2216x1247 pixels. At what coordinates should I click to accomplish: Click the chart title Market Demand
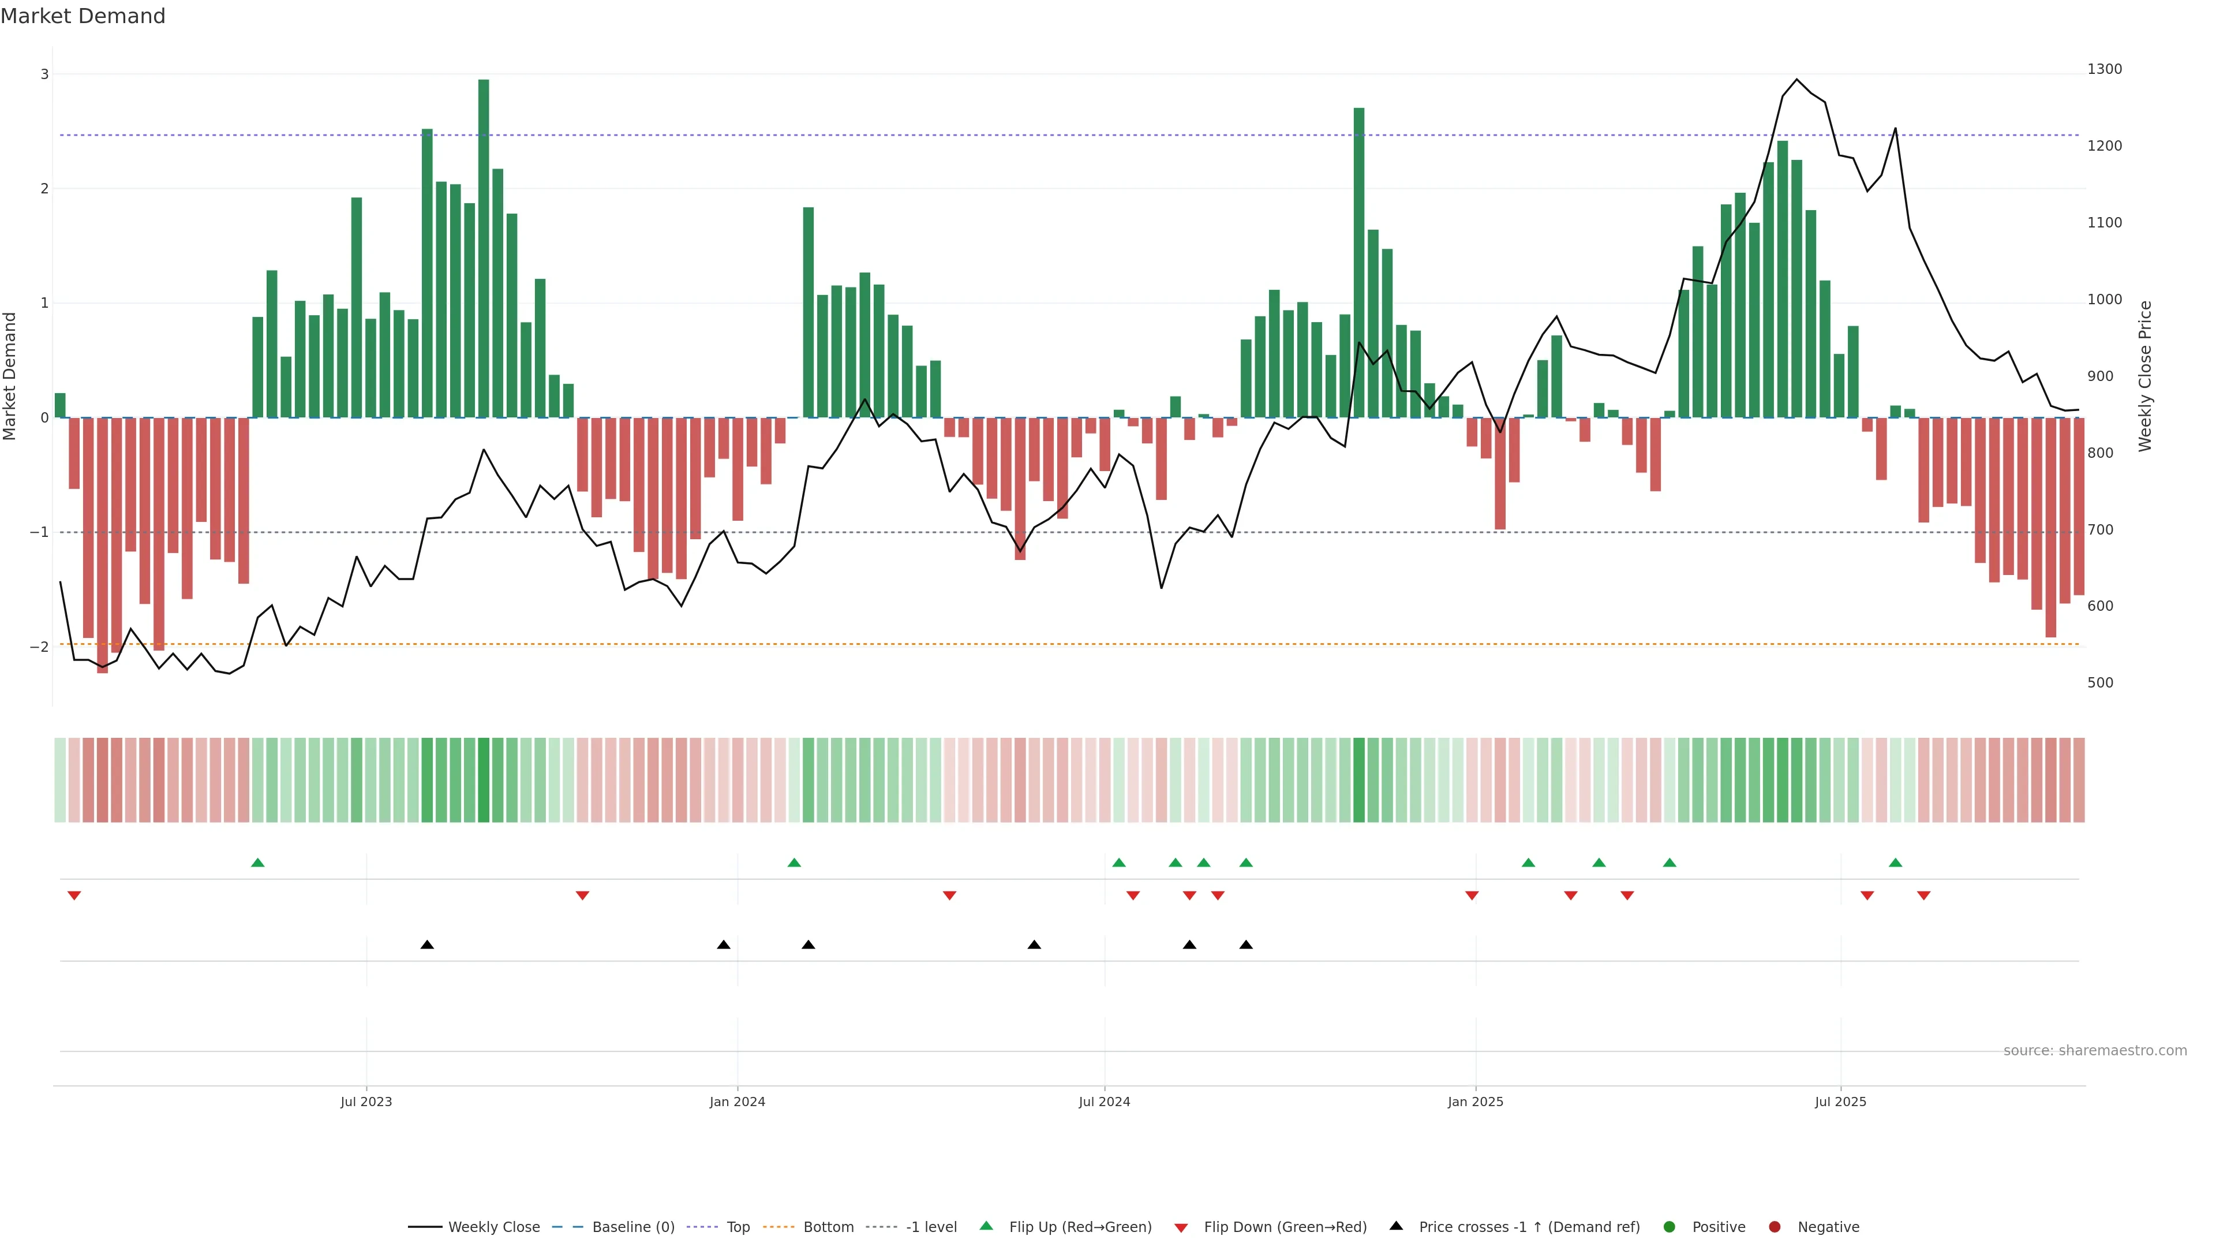click(x=83, y=16)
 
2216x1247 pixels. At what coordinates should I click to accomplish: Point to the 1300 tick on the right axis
click(x=2104, y=69)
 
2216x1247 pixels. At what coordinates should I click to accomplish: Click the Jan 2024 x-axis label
click(x=738, y=1102)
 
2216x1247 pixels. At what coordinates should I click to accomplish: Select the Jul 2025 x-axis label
click(x=1840, y=1102)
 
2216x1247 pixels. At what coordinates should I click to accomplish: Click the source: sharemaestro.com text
click(x=2095, y=1051)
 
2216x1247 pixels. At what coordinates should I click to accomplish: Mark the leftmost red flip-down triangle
click(x=74, y=896)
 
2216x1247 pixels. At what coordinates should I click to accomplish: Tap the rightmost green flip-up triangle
click(x=1895, y=863)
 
